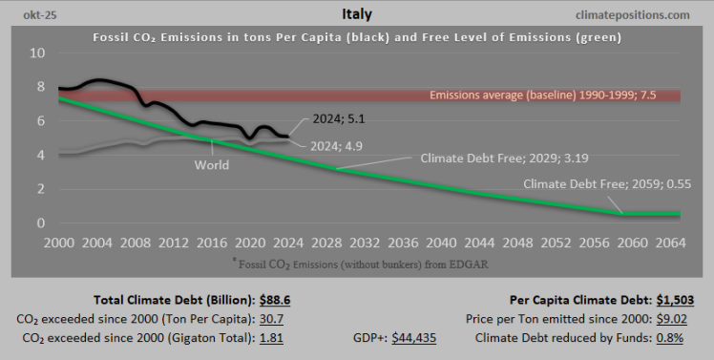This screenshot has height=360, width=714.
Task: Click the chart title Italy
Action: pyautogui.click(x=356, y=14)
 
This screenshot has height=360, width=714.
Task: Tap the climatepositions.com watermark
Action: pyautogui.click(x=632, y=15)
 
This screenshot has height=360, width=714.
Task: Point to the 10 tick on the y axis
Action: pyautogui.click(x=37, y=53)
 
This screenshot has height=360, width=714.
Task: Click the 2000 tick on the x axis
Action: pyautogui.click(x=59, y=243)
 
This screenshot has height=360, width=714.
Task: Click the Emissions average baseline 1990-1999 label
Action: pyautogui.click(x=555, y=95)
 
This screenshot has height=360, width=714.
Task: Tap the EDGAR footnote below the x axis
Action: pyautogui.click(x=357, y=262)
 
